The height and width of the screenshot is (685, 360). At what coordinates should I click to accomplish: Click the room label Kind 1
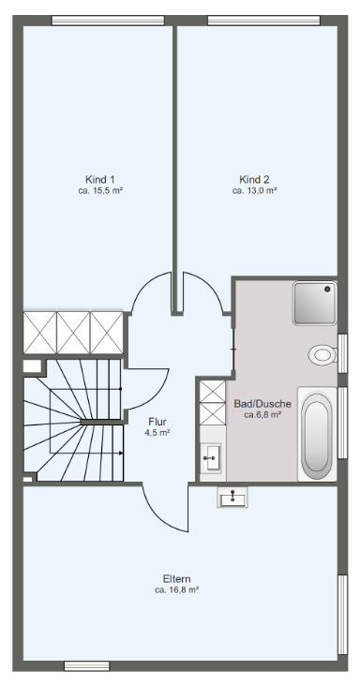click(x=100, y=179)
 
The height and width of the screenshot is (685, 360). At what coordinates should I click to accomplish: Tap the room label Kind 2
click(x=254, y=179)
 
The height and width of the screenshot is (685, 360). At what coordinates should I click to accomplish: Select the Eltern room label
click(x=176, y=579)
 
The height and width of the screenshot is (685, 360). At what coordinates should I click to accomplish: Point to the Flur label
click(x=157, y=422)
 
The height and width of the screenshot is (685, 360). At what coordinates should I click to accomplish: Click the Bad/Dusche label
click(x=262, y=403)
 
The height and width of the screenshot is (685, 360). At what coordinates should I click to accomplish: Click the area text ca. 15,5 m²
click(x=100, y=190)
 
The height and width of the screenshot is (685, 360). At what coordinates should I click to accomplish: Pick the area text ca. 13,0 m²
click(x=254, y=190)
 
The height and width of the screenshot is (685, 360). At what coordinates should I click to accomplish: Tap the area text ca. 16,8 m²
click(x=176, y=590)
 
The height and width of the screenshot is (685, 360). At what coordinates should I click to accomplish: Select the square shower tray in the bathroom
click(x=315, y=303)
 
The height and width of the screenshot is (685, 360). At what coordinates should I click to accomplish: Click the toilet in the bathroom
click(x=322, y=354)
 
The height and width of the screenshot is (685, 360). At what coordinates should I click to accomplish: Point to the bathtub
click(x=317, y=434)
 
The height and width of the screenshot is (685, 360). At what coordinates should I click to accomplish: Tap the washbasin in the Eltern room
click(x=232, y=498)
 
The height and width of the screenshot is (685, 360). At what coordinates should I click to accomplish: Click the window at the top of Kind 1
click(x=108, y=21)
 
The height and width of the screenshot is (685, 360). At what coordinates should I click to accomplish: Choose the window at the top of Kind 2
click(x=263, y=21)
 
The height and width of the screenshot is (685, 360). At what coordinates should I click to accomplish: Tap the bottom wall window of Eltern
click(x=86, y=665)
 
